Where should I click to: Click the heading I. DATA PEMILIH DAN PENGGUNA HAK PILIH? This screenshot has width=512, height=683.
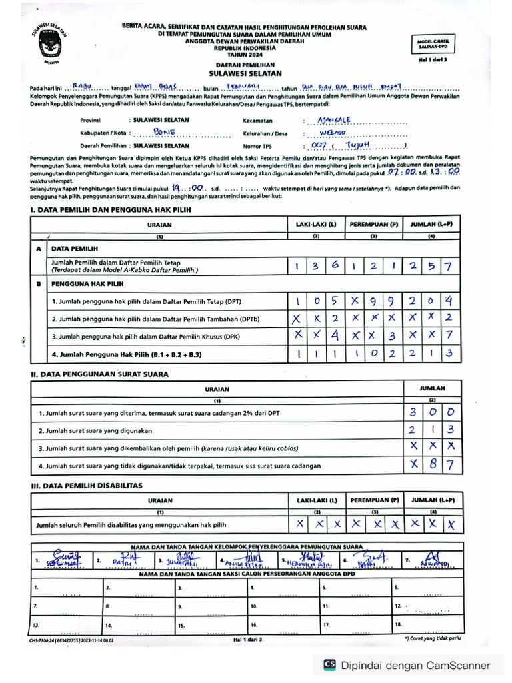[x=110, y=210]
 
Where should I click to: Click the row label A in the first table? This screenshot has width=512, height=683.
[x=39, y=248]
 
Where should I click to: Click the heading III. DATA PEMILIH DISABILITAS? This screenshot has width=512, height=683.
[x=87, y=486]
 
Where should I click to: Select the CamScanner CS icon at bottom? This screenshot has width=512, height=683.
[x=329, y=664]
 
